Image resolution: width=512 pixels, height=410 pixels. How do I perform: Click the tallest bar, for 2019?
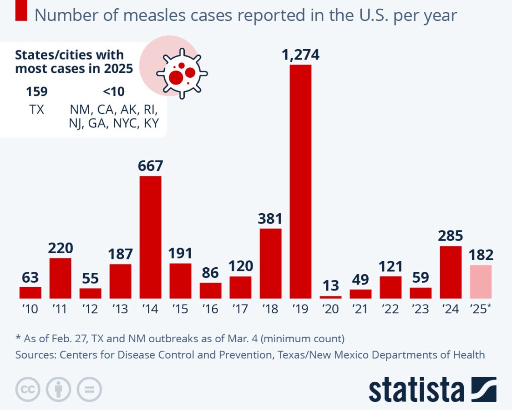tap(300, 181)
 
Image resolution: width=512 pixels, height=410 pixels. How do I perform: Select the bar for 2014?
tap(150, 237)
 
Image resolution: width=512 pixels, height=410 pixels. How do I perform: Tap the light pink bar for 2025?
tap(481, 281)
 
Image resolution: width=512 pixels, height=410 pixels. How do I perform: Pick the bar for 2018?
tap(270, 263)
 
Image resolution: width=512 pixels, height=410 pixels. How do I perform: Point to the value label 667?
tap(150, 165)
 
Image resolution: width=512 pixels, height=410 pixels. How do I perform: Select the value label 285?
tap(451, 235)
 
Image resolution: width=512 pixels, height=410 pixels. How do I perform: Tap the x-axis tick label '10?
tap(30, 309)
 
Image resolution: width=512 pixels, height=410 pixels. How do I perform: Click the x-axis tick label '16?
tap(210, 309)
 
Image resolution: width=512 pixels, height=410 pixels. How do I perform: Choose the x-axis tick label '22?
tap(390, 309)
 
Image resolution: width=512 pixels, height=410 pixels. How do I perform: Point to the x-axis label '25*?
tap(481, 309)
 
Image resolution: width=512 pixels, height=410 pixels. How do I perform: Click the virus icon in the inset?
tap(182, 73)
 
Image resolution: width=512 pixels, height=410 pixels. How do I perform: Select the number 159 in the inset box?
tap(36, 91)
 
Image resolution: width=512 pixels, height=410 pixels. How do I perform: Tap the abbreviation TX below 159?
tap(36, 109)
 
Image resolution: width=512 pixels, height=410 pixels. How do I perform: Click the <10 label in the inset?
tap(113, 91)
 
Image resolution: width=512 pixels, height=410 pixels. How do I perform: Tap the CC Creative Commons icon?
tap(28, 389)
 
